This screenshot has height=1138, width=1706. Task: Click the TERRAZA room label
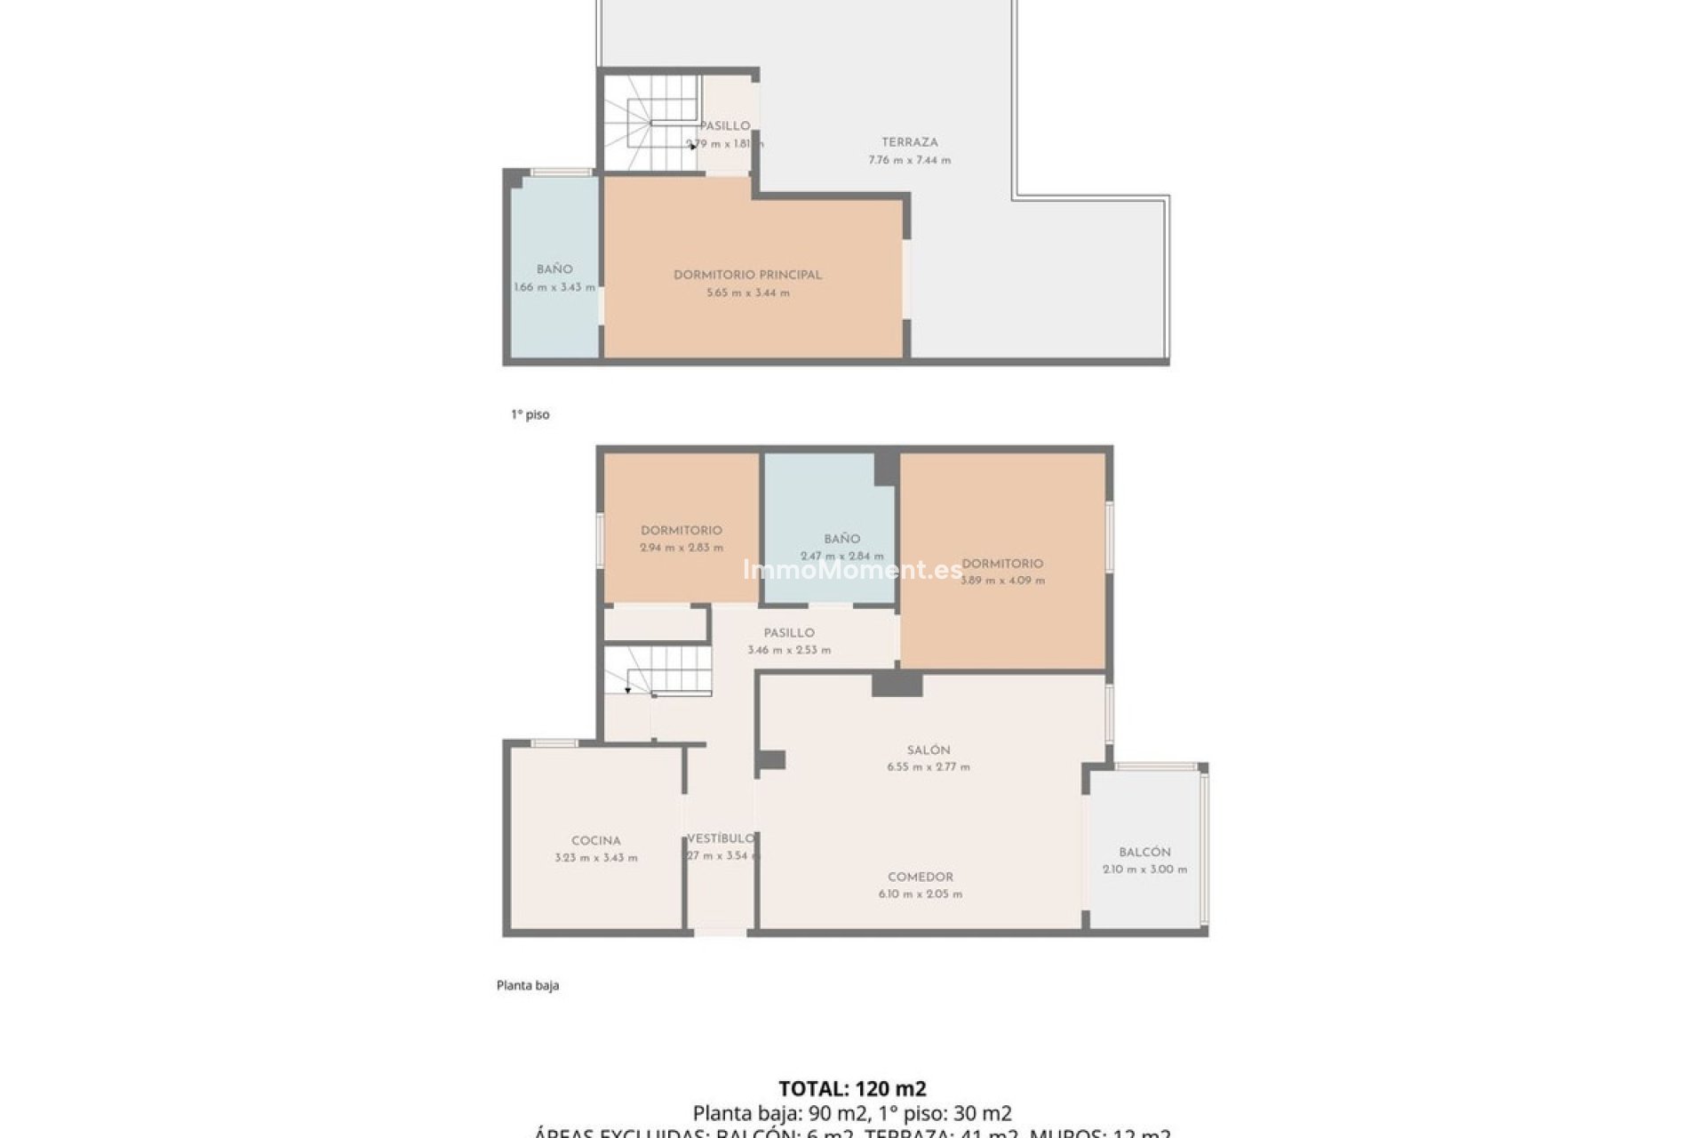[x=909, y=142]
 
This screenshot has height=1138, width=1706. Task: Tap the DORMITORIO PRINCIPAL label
[x=747, y=275]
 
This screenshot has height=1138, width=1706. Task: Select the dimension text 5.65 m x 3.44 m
[x=747, y=293]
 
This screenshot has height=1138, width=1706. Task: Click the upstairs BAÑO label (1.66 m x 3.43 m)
[x=554, y=269]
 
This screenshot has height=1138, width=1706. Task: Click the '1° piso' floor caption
[x=530, y=414]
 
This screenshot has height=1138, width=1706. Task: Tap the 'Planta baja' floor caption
[x=527, y=985]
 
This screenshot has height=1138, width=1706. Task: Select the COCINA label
[x=595, y=841]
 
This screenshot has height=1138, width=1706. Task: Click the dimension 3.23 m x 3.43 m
[x=595, y=858]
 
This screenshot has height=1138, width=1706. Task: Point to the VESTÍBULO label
[x=721, y=838]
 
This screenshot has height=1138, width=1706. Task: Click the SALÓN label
[x=929, y=749]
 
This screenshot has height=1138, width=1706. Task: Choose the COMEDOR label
[x=921, y=877]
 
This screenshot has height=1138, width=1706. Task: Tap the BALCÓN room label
[x=1144, y=852]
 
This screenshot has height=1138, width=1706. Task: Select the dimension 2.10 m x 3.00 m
[x=1144, y=870]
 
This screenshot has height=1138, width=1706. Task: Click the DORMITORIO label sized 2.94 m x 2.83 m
[x=681, y=531]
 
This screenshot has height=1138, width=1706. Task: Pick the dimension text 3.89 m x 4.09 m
[x=1002, y=581]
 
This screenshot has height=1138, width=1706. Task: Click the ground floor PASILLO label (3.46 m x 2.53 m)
[x=789, y=633]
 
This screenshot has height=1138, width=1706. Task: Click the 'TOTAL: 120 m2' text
[x=852, y=1088]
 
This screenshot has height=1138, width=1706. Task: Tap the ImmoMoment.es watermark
[x=852, y=570]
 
